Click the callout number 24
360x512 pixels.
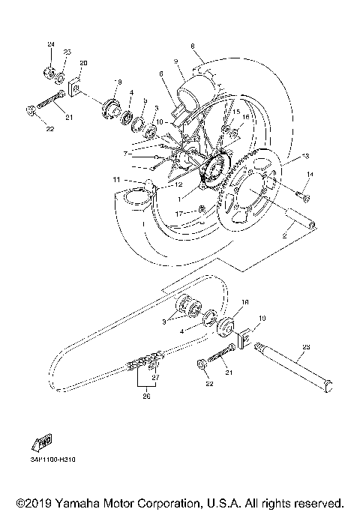tap(51, 46)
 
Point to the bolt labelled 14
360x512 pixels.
tap(303, 196)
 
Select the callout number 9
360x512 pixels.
tap(175, 62)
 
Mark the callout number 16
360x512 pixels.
tap(245, 117)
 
